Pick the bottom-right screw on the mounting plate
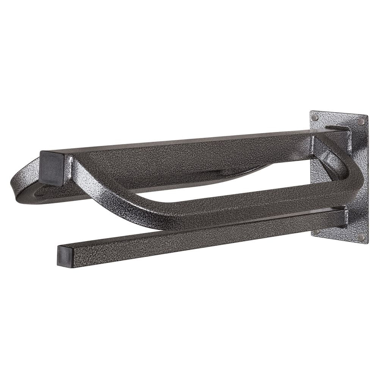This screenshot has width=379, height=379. (360, 238)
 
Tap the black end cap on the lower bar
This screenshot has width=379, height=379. (66, 257)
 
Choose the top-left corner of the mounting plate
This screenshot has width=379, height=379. (311, 111)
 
